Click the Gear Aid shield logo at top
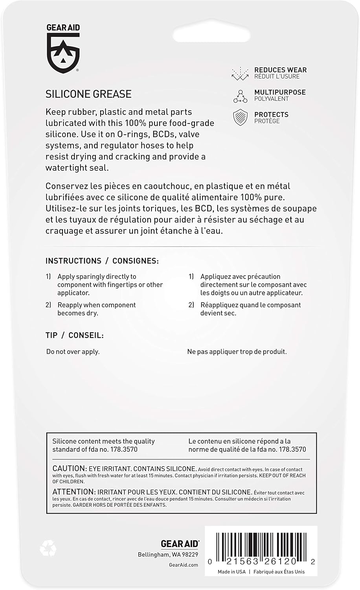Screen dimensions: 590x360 tap(63, 52)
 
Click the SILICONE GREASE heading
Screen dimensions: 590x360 tap(88, 94)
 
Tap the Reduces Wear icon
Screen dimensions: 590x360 tap(240, 73)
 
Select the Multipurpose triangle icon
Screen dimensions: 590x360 tap(240, 96)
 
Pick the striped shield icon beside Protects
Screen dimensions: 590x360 tap(240, 118)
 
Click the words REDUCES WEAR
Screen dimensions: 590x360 tap(280, 70)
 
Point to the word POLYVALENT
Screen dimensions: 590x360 tap(271, 99)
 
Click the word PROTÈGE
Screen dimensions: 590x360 tap(267, 121)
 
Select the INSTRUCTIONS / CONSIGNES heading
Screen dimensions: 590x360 tap(102, 261)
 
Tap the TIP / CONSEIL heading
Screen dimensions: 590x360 tap(75, 336)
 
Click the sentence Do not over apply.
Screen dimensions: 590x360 tap(73, 352)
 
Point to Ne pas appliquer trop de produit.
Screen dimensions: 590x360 tap(237, 352)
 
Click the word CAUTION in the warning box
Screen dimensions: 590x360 tap(69, 468)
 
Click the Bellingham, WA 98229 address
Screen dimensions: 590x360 tap(168, 555)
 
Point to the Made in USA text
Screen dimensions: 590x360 tap(231, 572)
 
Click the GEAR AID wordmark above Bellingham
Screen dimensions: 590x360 tap(180, 544)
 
